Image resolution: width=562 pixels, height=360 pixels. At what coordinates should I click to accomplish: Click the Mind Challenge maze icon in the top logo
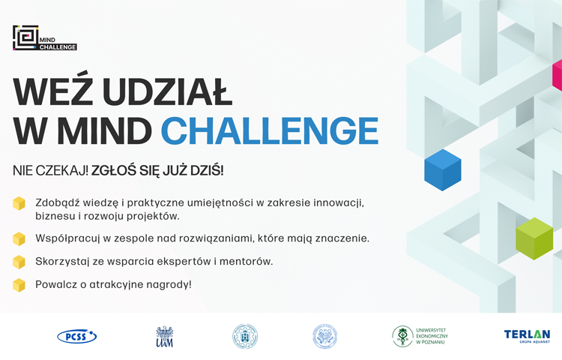click(25, 38)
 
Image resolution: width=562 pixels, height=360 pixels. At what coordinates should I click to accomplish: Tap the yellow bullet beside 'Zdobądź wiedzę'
click(19, 204)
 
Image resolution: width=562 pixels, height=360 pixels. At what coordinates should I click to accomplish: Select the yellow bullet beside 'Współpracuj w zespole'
click(19, 238)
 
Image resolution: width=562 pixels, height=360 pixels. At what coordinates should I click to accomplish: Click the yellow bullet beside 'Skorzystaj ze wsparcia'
click(19, 262)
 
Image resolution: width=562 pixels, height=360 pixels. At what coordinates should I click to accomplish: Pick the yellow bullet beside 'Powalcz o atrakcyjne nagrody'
click(19, 285)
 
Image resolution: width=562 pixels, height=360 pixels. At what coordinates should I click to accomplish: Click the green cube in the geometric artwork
click(534, 238)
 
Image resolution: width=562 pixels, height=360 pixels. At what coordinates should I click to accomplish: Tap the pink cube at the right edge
click(557, 75)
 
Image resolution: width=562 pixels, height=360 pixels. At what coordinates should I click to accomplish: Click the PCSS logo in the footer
click(77, 336)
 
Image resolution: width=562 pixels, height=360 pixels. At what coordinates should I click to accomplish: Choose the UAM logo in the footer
click(164, 336)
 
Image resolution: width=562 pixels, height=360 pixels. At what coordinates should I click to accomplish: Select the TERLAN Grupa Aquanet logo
click(527, 336)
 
